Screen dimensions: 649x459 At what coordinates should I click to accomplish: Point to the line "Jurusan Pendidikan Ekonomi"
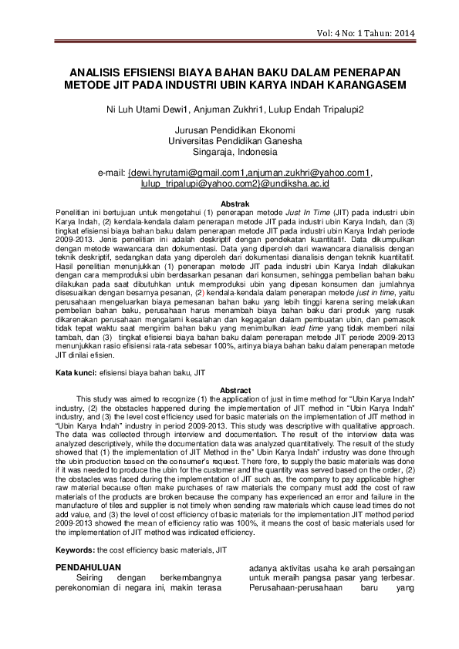tap(229, 130)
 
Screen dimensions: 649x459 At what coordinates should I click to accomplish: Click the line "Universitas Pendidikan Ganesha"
tap(229, 141)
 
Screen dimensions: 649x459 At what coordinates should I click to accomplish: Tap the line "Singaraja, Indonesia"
tap(229, 152)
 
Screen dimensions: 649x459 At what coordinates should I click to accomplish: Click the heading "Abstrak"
tap(229, 203)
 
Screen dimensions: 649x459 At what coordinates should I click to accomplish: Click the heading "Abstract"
tap(229, 390)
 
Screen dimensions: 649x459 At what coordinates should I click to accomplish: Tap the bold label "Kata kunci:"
tap(75, 372)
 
